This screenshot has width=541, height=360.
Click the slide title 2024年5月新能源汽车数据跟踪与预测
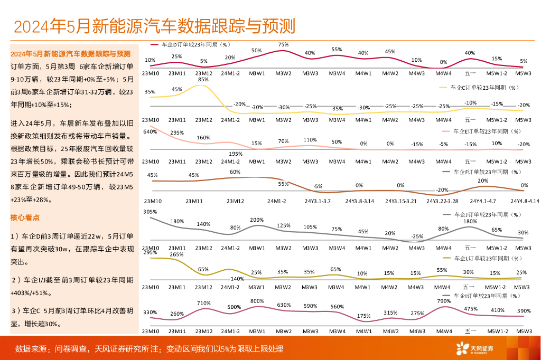click(154, 25)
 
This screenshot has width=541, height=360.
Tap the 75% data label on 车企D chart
click(283, 45)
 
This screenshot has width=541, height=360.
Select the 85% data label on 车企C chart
click(203, 80)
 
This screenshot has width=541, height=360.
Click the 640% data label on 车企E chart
click(150, 131)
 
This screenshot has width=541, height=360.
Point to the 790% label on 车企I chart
click(444, 301)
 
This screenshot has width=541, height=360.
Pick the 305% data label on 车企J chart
click(150, 212)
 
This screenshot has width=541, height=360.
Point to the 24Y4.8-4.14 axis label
click(524, 201)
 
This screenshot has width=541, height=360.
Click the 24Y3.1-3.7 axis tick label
click(317, 201)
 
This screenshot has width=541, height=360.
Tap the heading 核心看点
click(25, 217)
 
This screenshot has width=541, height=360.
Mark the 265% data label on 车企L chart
click(177, 254)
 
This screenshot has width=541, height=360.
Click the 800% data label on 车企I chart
click(257, 301)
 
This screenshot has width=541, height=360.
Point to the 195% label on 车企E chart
click(236, 154)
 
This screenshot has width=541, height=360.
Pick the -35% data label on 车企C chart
click(337, 108)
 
